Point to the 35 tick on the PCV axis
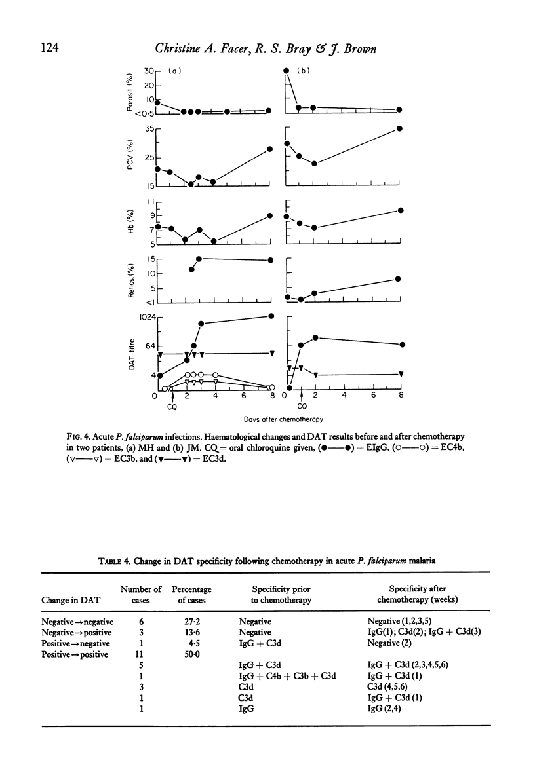[149, 129]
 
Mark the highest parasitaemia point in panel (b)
[286, 70]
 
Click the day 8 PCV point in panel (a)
[270, 149]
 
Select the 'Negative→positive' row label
[77, 632]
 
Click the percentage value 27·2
[191, 622]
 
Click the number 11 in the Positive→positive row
[141, 654]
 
